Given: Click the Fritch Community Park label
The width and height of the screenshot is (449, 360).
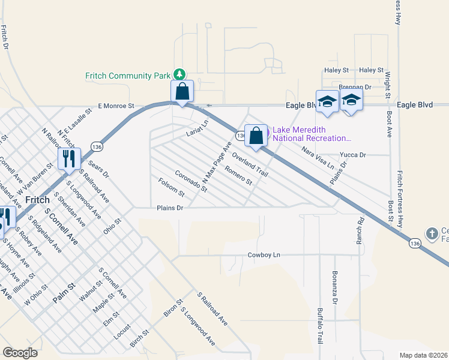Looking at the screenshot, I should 128,76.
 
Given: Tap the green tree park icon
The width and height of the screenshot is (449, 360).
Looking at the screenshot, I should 179,74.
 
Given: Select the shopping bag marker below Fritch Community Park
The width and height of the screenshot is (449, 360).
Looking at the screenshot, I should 182,92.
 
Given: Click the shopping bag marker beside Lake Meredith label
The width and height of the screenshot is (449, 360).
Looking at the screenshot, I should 256,136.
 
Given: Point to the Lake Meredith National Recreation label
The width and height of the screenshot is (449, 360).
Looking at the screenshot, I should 311,134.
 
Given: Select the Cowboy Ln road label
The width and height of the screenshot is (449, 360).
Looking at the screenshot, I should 264,255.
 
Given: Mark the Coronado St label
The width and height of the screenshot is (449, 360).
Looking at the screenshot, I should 191,181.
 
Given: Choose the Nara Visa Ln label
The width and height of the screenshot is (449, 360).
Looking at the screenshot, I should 318,157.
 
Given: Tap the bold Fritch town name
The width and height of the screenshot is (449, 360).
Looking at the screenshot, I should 39,199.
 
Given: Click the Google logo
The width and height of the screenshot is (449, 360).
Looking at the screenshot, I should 20,353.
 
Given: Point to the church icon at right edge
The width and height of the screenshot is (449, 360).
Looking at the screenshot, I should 432,233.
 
